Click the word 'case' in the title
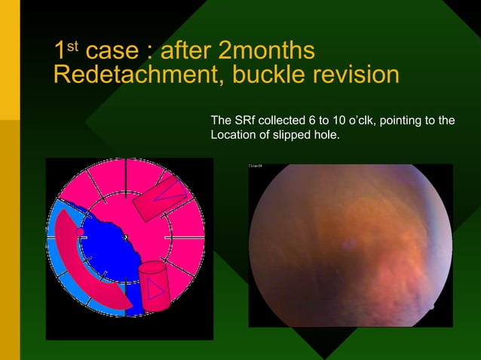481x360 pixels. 112,52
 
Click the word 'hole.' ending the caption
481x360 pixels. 324,136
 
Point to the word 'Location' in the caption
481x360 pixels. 231,136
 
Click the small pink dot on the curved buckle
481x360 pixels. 81,232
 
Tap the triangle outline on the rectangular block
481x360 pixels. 170,192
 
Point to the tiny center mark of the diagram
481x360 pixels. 126,239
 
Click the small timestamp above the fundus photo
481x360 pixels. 256,165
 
